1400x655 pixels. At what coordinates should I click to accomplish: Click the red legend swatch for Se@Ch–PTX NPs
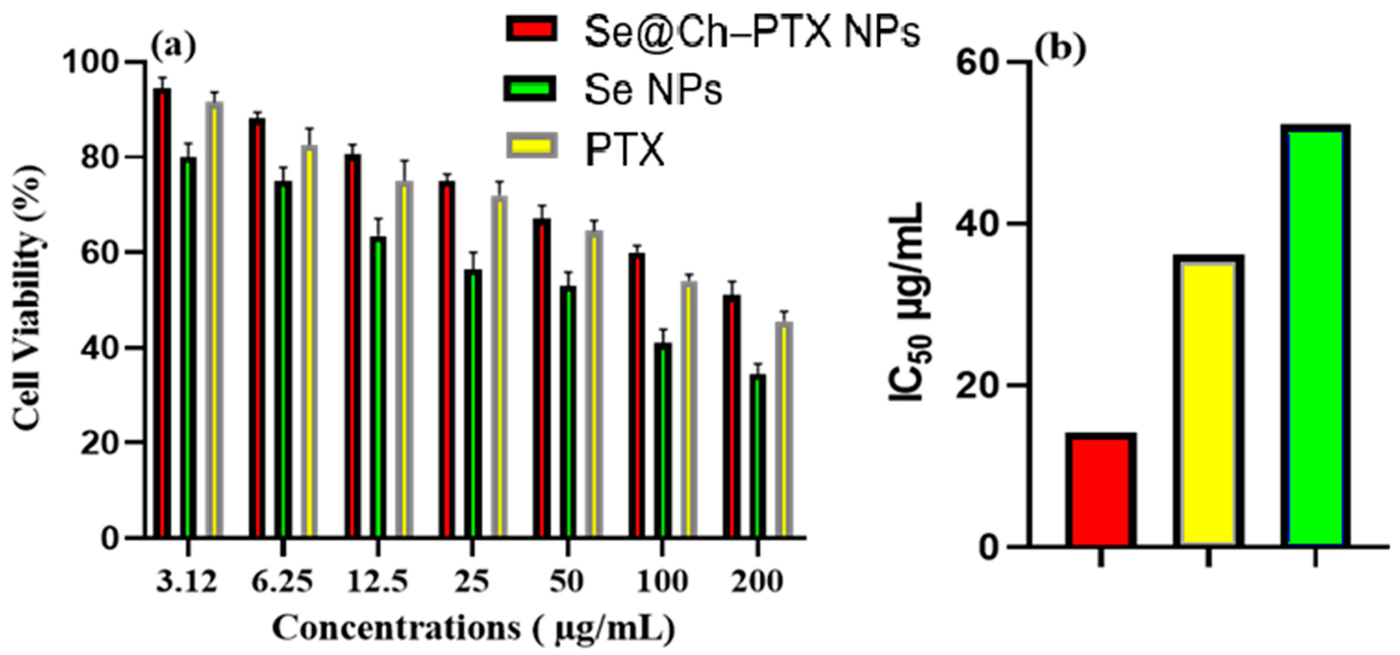(x=531, y=28)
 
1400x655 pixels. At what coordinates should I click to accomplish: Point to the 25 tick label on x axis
(x=472, y=582)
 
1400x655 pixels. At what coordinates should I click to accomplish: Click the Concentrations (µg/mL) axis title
(x=473, y=629)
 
